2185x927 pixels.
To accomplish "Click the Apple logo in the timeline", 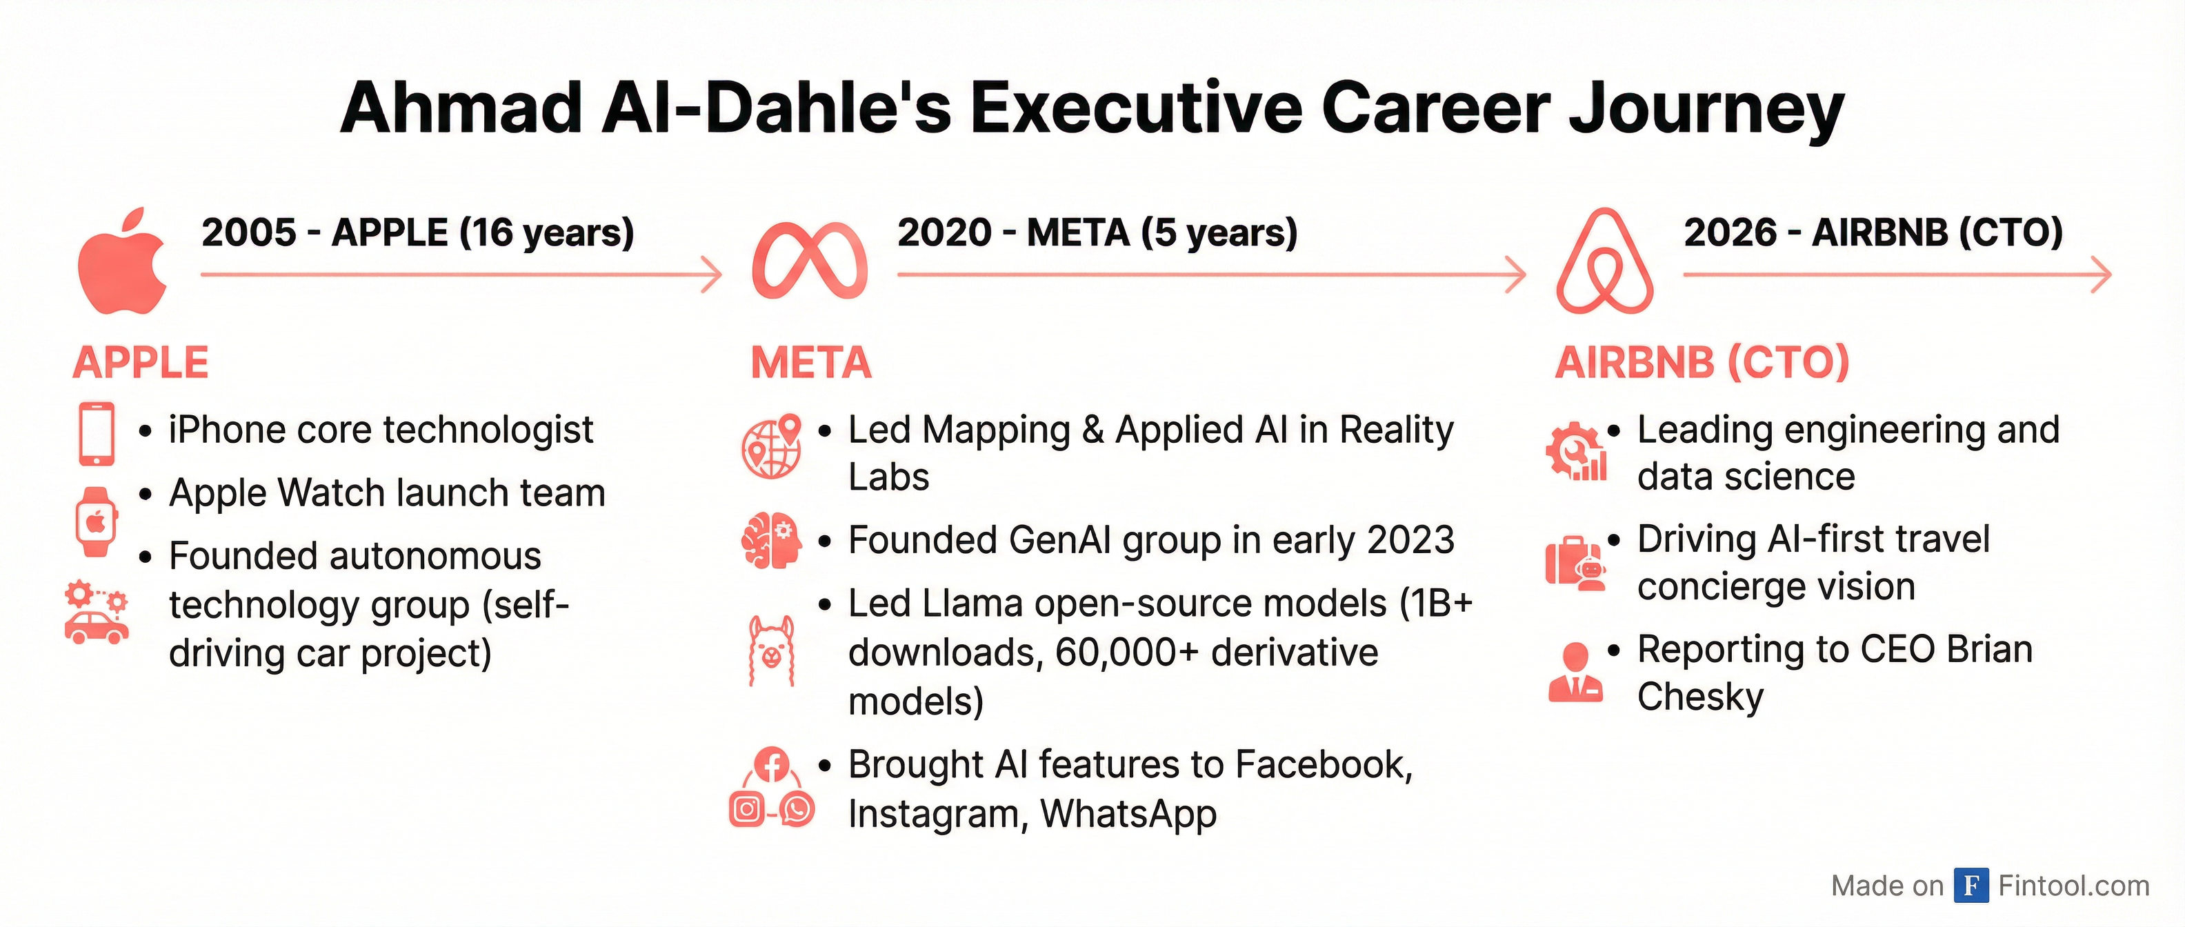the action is [122, 261].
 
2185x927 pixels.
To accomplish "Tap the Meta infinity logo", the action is [809, 261].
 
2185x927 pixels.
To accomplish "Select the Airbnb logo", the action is [1605, 261].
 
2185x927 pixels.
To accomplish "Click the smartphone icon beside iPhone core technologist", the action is [97, 433].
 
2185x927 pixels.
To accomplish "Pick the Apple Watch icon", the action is [96, 521].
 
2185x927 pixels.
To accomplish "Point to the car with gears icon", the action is [97, 612].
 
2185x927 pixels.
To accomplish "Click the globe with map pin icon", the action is [772, 447].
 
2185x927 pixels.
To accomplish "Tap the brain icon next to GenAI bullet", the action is [771, 540].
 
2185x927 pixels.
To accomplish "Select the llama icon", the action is [772, 650].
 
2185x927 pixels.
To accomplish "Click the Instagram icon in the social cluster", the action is [746, 809].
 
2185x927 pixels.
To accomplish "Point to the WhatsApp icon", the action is [797, 809].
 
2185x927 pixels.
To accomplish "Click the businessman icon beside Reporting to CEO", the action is [1575, 672].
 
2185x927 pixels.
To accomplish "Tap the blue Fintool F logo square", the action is [1971, 886].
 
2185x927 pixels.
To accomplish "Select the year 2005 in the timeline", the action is [250, 232].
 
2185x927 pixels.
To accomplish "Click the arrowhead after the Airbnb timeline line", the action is [2100, 275].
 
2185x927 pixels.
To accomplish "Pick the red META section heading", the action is [811, 363].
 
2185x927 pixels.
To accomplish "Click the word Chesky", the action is [1700, 697].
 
